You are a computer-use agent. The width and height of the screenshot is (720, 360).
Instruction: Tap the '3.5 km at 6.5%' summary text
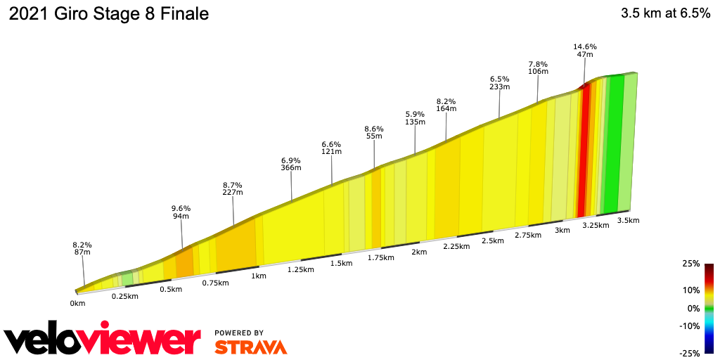(x=665, y=14)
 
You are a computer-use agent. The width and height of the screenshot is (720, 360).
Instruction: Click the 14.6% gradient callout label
(x=585, y=51)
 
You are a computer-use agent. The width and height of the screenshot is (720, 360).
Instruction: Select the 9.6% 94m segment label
(x=181, y=212)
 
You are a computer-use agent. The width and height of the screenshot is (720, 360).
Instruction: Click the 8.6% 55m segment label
(x=374, y=133)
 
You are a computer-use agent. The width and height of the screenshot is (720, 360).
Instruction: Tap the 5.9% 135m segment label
(x=416, y=117)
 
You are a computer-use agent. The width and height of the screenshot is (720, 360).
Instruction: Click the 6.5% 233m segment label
(x=499, y=83)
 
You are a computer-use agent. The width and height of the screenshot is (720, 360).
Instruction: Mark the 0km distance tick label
(x=77, y=303)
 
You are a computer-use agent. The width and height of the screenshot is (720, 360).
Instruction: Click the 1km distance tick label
(x=259, y=276)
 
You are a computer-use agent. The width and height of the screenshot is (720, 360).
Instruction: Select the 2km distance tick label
(x=419, y=252)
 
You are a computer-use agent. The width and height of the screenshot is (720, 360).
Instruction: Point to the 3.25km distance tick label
(x=596, y=225)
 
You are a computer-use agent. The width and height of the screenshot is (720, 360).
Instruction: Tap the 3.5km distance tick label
(x=628, y=220)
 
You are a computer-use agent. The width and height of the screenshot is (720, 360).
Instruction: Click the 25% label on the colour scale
(x=691, y=264)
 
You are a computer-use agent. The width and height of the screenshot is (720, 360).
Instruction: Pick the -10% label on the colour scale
(x=690, y=326)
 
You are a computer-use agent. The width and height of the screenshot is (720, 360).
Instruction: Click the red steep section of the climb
(x=583, y=151)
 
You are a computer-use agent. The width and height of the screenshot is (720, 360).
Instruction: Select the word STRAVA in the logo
(x=250, y=347)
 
